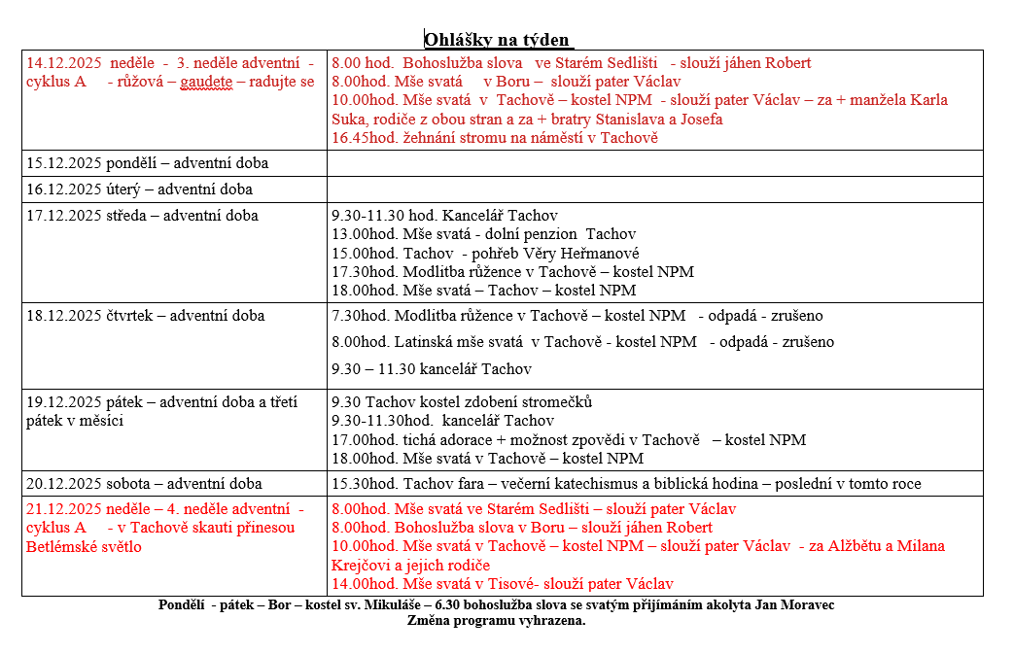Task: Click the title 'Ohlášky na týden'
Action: point(498,40)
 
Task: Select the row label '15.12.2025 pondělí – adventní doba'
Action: point(147,163)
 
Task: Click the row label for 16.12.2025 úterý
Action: point(139,189)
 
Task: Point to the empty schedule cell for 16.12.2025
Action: point(654,189)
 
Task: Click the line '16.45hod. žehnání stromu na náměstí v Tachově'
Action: point(495,138)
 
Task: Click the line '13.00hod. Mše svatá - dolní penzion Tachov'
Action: point(483,234)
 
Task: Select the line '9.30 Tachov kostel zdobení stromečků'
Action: point(462,402)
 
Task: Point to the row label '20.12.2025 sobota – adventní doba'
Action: point(144,484)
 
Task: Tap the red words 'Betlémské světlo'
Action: point(84,546)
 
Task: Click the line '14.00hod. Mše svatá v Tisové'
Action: point(502,584)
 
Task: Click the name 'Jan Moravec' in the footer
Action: point(796,605)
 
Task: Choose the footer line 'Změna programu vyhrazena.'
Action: point(496,621)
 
